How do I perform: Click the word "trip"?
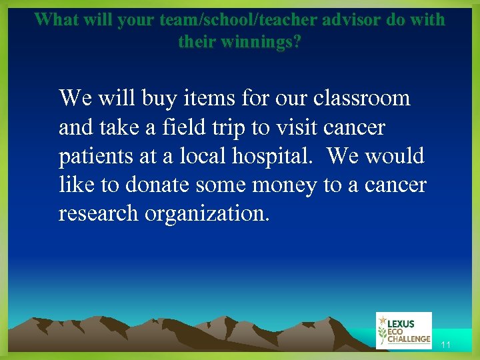pyautogui.click(x=230, y=127)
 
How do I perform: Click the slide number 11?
pyautogui.click(x=446, y=345)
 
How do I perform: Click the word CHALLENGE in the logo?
pyautogui.click(x=409, y=339)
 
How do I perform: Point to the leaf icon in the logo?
pyautogui.click(x=382, y=331)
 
